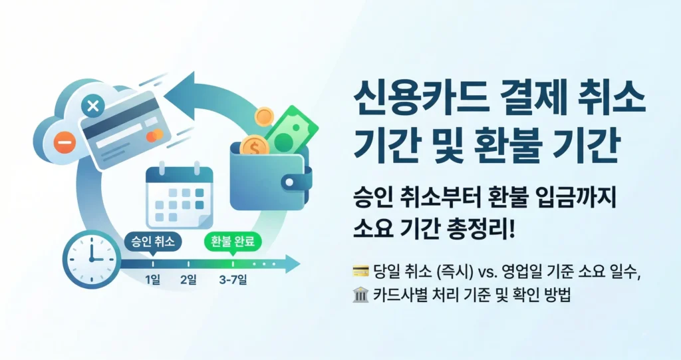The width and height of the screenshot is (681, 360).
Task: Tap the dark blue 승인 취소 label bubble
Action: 153,242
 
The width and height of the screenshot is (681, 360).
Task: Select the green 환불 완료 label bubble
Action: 233,242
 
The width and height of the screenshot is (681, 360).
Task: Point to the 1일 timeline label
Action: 153,280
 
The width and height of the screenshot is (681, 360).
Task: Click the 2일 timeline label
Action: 188,280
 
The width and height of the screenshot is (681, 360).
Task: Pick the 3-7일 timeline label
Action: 233,280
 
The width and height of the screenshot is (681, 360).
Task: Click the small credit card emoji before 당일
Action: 359,271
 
